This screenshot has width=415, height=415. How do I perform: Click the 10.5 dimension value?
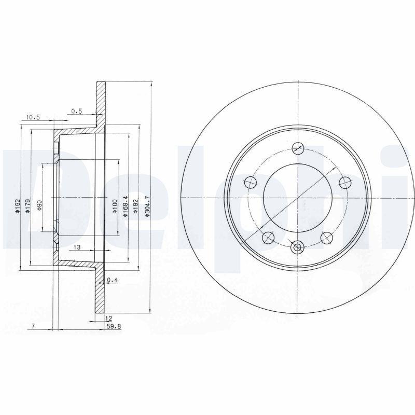[32, 117]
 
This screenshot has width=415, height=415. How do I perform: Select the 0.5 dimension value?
[77, 110]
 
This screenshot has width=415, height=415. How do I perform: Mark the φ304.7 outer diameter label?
[147, 206]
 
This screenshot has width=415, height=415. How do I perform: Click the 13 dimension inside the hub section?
[77, 247]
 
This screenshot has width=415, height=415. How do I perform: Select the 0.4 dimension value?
[113, 281]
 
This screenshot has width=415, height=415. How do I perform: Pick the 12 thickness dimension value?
[108, 318]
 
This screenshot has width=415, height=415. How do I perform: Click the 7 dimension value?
[33, 326]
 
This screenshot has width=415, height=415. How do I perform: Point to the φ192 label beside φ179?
[17, 206]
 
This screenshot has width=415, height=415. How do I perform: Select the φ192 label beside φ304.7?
[137, 206]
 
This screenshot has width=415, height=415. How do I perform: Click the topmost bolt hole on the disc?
[297, 148]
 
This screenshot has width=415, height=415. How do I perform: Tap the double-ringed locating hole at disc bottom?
[297, 247]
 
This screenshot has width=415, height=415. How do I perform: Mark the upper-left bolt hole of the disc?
[250, 182]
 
